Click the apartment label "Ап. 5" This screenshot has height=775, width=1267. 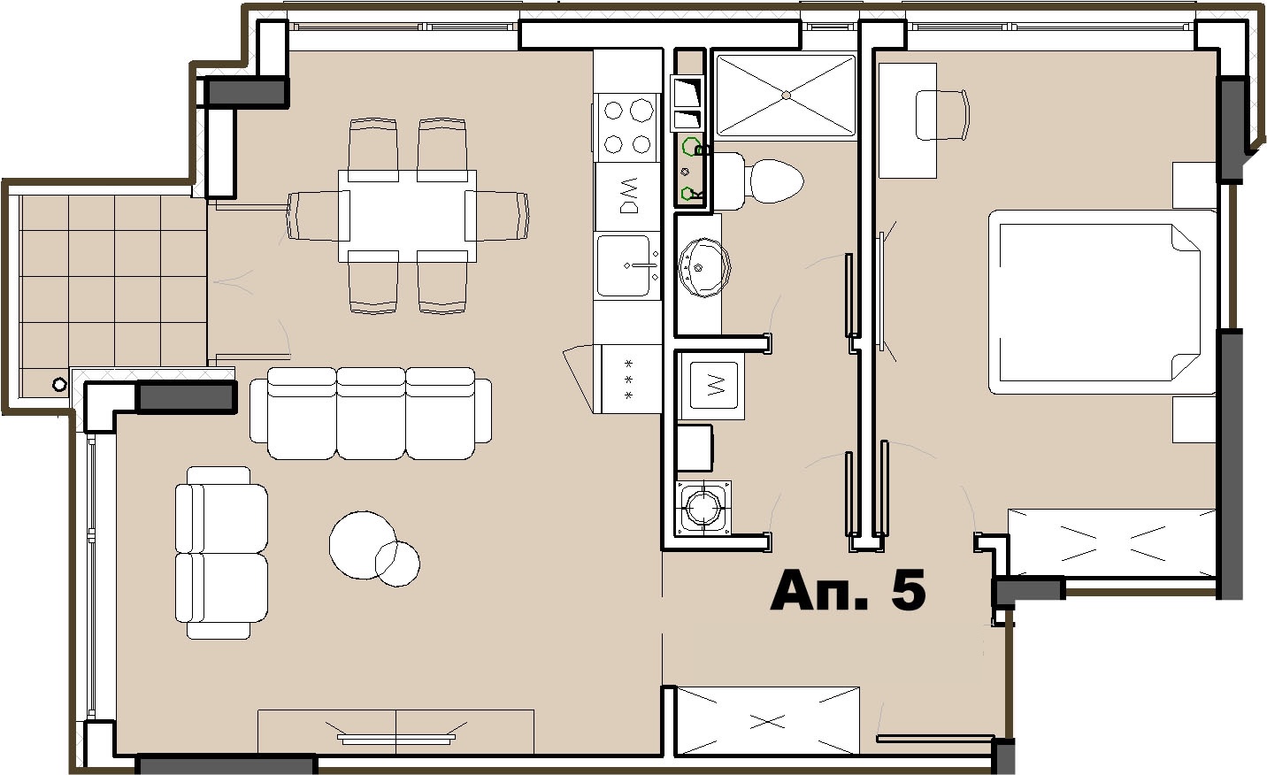point(848,590)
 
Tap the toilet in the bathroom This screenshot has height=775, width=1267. point(759,181)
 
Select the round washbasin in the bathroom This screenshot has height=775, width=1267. point(704,267)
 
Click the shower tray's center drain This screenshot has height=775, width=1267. point(787,96)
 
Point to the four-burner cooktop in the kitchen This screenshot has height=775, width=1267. point(626,127)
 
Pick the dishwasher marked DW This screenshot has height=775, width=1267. point(628,196)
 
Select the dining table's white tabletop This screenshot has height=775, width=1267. point(407,216)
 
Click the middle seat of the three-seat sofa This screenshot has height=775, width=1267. point(371,413)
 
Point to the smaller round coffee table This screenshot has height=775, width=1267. point(397,564)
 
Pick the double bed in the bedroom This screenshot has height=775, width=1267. point(1102,302)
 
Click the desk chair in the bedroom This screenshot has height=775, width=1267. point(942,115)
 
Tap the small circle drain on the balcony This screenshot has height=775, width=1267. point(59,385)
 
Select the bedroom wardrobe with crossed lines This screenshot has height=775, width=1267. point(1111,543)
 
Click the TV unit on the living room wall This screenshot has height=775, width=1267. point(396,732)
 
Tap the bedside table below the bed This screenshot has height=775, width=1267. point(1194,419)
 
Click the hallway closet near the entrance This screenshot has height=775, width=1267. point(768,721)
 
